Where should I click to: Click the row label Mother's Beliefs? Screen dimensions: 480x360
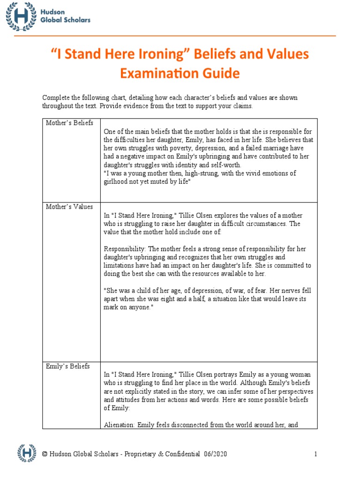click(69, 123)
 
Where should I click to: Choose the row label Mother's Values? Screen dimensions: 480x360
click(69, 207)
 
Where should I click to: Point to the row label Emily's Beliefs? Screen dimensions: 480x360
click(67, 366)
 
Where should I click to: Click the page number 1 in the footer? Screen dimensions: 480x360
click(315, 454)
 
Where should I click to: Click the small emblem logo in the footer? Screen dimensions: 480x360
click(27, 453)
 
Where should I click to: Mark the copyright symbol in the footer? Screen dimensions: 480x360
click(45, 454)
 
